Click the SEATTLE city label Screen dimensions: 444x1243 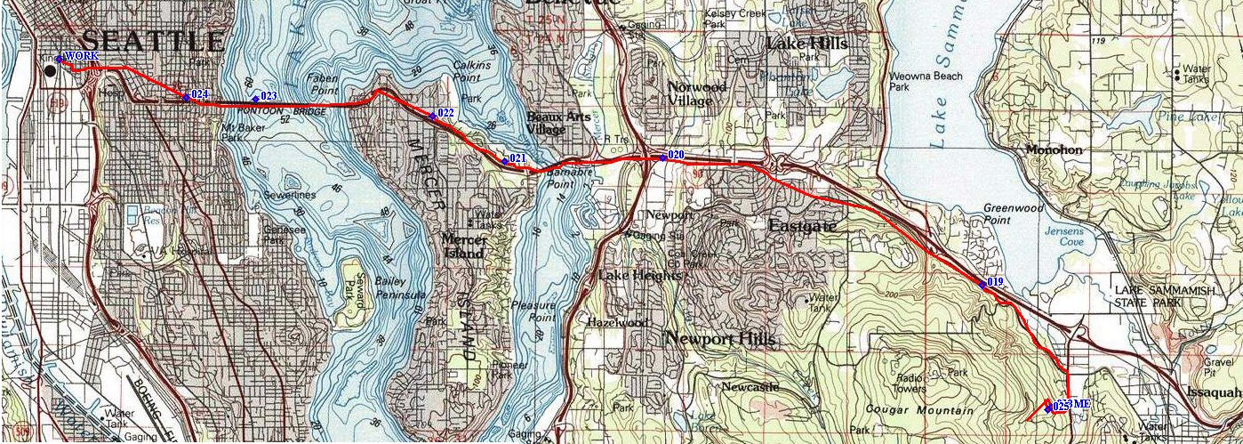click(152, 41)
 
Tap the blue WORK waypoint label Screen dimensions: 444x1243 click(81, 56)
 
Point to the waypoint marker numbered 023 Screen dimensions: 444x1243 click(255, 98)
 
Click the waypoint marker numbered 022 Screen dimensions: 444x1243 click(432, 115)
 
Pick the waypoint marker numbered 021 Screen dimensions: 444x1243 click(504, 161)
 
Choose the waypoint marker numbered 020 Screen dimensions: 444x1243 click(663, 157)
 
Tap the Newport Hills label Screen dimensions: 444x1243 click(720, 339)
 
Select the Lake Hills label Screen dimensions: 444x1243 click(806, 44)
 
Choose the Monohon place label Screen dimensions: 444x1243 click(1054, 150)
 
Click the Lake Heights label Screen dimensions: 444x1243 click(639, 276)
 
